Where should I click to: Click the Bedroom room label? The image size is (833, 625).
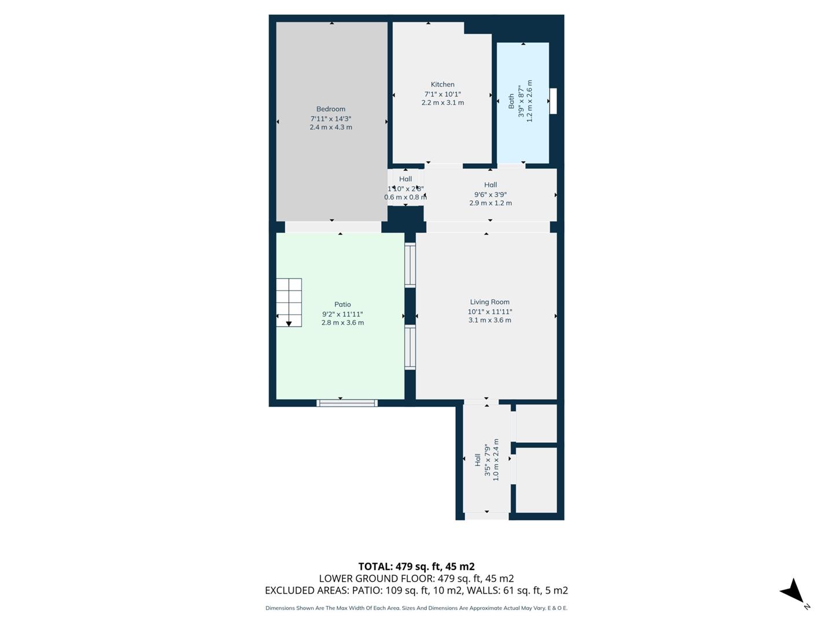(330, 109)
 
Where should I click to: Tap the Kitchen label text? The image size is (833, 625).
(443, 84)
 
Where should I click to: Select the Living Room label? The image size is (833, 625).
(489, 302)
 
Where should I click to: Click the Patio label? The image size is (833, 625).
(342, 304)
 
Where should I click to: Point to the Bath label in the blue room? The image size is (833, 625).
(511, 101)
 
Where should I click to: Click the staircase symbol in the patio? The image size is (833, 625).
(289, 303)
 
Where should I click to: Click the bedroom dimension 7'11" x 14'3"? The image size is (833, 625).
(330, 119)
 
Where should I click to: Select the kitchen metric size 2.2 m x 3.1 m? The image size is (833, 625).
(443, 103)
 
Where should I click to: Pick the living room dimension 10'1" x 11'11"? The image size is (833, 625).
(489, 311)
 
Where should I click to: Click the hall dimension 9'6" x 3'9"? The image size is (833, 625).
(490, 194)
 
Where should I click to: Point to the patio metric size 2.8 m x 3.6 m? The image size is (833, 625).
(342, 323)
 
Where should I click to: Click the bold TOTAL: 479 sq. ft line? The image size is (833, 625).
(416, 567)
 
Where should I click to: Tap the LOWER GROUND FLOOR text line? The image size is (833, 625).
(416, 579)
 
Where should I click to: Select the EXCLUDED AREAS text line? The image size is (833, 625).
(416, 590)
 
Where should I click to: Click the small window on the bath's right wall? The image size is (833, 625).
(553, 101)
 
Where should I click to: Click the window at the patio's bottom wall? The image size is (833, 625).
(347, 403)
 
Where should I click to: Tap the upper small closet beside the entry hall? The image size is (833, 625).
(536, 423)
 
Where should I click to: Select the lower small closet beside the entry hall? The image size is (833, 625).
(536, 480)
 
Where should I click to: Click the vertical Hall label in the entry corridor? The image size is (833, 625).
(478, 459)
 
